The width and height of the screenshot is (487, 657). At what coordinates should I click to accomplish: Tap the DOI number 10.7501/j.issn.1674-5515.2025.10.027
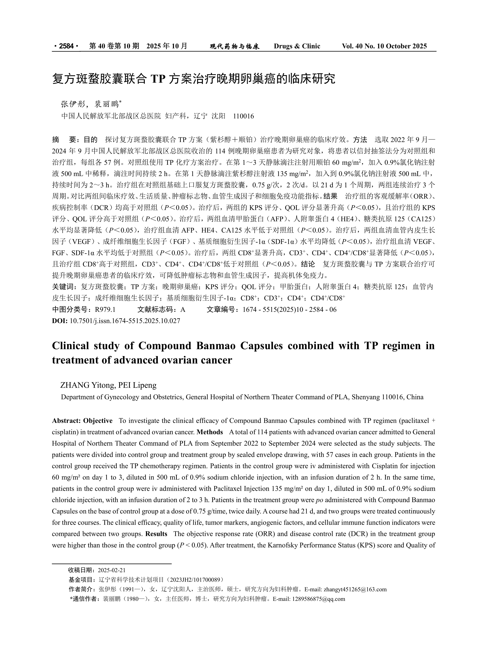point(125,321)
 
